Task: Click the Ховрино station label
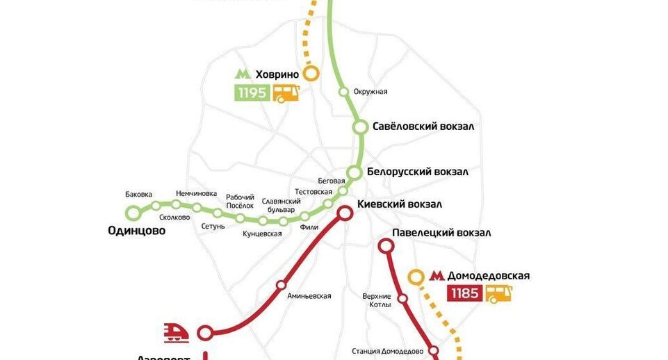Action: coord(277,74)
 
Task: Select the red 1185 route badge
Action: coord(464,293)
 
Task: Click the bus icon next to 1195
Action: coord(286,93)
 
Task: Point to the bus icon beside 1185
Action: coord(498,293)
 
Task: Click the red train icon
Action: coord(176,332)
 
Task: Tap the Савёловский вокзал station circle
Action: coord(360,127)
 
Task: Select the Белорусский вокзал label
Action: coord(417,172)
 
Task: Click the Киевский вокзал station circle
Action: coord(345,213)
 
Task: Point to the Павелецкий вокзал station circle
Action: coord(385,245)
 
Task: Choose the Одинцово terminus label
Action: coord(137,231)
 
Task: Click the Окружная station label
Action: coord(370,92)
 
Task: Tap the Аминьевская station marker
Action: coord(281,285)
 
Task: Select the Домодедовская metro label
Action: coord(488,276)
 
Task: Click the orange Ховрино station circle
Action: coord(311,73)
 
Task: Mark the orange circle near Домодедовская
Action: coord(416,277)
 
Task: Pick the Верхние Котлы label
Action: coord(377,300)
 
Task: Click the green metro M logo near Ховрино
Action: coord(243,74)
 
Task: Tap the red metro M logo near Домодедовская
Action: coord(437,276)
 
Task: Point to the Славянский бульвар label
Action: coord(282,205)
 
